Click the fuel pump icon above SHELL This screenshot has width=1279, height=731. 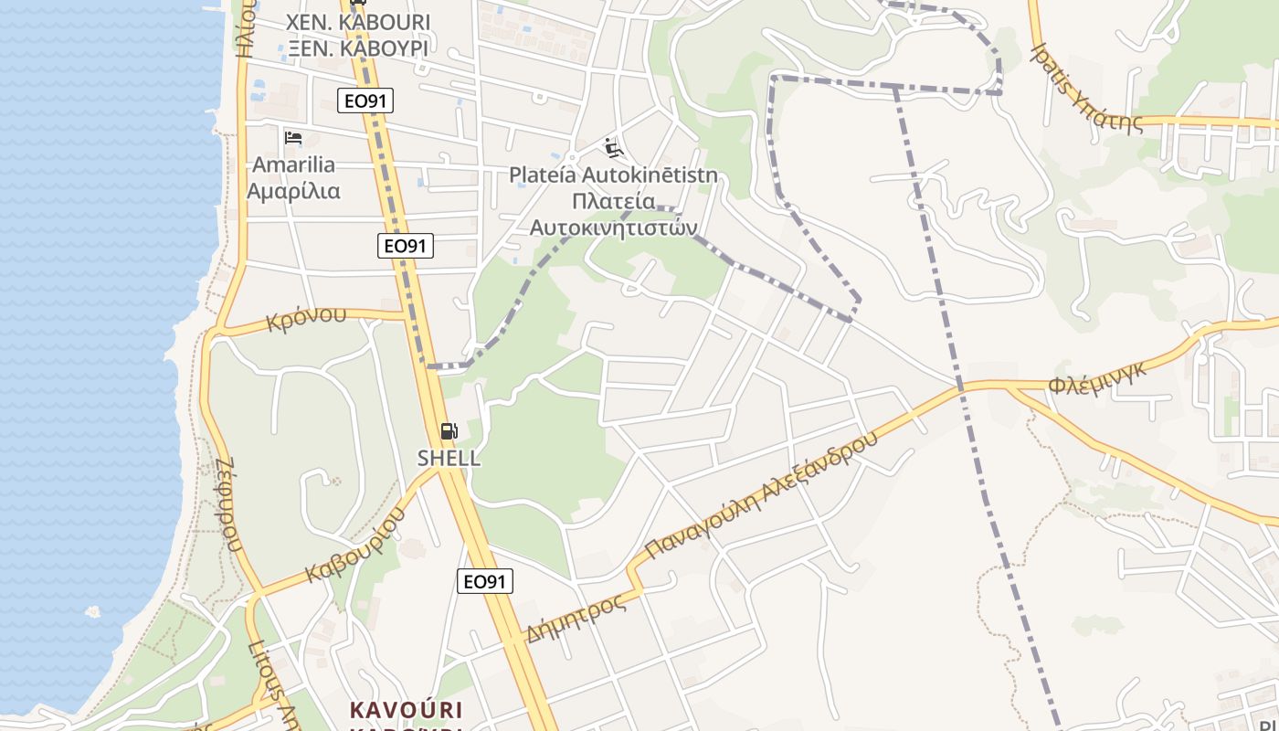(449, 431)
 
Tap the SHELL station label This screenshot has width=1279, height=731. (449, 458)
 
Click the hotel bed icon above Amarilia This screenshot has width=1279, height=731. (293, 138)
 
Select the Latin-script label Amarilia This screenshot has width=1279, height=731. (293, 165)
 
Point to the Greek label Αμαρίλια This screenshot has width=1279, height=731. (293, 191)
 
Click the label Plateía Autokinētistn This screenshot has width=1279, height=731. (613, 175)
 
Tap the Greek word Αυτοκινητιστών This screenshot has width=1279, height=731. (613, 227)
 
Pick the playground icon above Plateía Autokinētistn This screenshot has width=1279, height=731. (614, 146)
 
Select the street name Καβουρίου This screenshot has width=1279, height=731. (355, 546)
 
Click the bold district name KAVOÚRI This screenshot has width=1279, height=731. (407, 710)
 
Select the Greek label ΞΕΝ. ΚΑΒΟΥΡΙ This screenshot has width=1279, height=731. (357, 48)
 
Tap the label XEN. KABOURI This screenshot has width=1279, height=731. (357, 21)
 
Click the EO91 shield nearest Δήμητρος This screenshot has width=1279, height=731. (485, 581)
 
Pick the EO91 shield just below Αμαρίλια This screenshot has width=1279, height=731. (406, 245)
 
